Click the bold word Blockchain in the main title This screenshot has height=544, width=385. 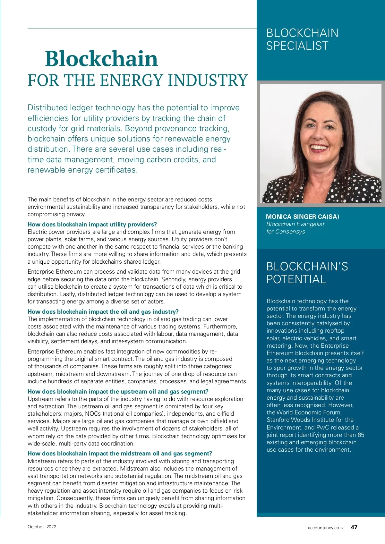pos(101,59)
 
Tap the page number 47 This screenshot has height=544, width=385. pos(354,527)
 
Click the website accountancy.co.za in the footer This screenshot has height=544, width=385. pos(326,528)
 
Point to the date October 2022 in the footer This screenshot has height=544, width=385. pos(42,527)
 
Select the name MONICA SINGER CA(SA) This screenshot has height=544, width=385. pos(302,217)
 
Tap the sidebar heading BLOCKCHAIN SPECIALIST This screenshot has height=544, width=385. pos(302,39)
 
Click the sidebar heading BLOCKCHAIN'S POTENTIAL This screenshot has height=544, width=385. pos(307,273)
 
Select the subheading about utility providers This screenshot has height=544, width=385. pos(92,224)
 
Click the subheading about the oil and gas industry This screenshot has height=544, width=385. pos(103,311)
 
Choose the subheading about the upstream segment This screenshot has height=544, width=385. pos(118,391)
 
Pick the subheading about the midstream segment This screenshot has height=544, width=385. pos(120,453)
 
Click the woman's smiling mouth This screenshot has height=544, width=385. pos(319,148)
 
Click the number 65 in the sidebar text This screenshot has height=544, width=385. pos(361,435)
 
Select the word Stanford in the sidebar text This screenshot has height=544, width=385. pos(278,420)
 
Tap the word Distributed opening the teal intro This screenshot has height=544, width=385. pos(47,108)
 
